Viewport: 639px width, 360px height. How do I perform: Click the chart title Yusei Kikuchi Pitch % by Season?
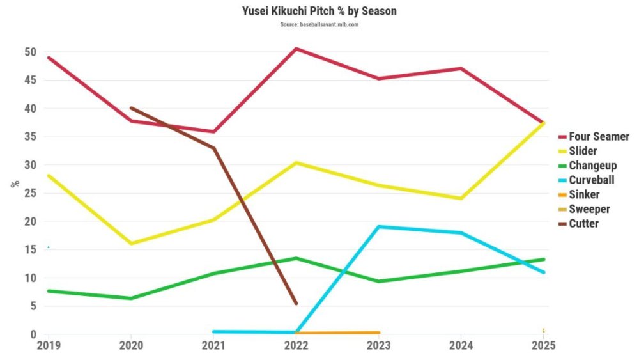319,12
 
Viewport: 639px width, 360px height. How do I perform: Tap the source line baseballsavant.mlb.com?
319,24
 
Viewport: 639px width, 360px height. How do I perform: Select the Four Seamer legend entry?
599,137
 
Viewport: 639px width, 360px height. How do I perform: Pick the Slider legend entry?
583,152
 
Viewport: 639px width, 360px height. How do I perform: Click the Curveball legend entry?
591,180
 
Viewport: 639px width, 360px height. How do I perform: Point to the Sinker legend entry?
584,195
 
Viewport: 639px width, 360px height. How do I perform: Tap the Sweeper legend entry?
589,209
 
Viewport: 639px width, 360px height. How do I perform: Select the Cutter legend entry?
583,224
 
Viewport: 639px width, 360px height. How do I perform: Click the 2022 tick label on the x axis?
296,345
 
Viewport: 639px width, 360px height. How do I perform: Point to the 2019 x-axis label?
48,345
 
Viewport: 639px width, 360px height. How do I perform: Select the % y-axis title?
14,183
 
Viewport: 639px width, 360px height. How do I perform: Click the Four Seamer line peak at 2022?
296,49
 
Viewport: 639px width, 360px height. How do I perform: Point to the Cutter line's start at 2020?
131,108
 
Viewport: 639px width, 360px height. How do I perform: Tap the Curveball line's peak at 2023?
379,226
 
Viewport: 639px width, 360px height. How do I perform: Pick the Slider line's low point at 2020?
131,244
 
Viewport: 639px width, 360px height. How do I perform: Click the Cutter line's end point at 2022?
296,304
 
